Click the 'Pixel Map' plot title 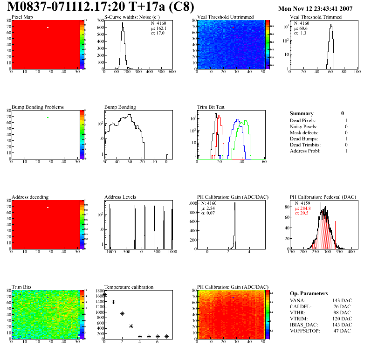coord(22,17)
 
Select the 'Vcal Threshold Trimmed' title coord(316,17)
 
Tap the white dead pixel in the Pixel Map coord(48,28)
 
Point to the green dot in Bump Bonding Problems coord(48,117)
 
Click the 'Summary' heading coord(302,113)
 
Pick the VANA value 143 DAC coord(342,300)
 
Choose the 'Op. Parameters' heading coord(309,293)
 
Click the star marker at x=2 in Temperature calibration coord(122,314)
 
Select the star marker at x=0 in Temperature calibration coord(105,295)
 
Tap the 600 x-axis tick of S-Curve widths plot coord(172,72)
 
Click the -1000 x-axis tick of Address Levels coord(110,252)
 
